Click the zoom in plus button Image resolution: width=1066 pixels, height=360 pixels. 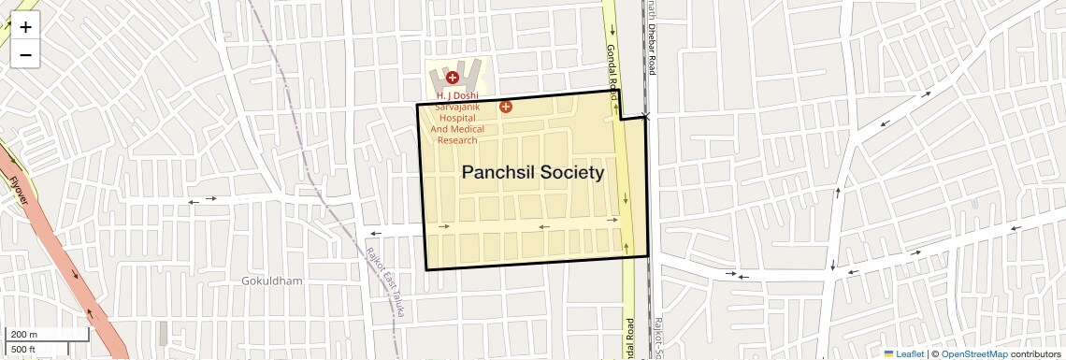25,27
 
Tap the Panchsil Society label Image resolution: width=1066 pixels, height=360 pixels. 533,173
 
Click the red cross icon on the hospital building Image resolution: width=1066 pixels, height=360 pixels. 452,78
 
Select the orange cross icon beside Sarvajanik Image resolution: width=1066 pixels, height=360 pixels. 506,107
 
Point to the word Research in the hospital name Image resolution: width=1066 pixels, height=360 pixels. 457,140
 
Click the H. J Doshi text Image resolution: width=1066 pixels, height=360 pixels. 457,95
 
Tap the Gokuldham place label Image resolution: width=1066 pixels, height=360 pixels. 272,281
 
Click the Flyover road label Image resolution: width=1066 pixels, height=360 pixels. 20,192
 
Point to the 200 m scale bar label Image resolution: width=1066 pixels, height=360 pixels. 25,335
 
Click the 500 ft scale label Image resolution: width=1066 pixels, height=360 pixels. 23,349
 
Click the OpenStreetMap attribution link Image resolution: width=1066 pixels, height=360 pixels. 973,354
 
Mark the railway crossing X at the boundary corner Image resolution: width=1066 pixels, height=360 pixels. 646,116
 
